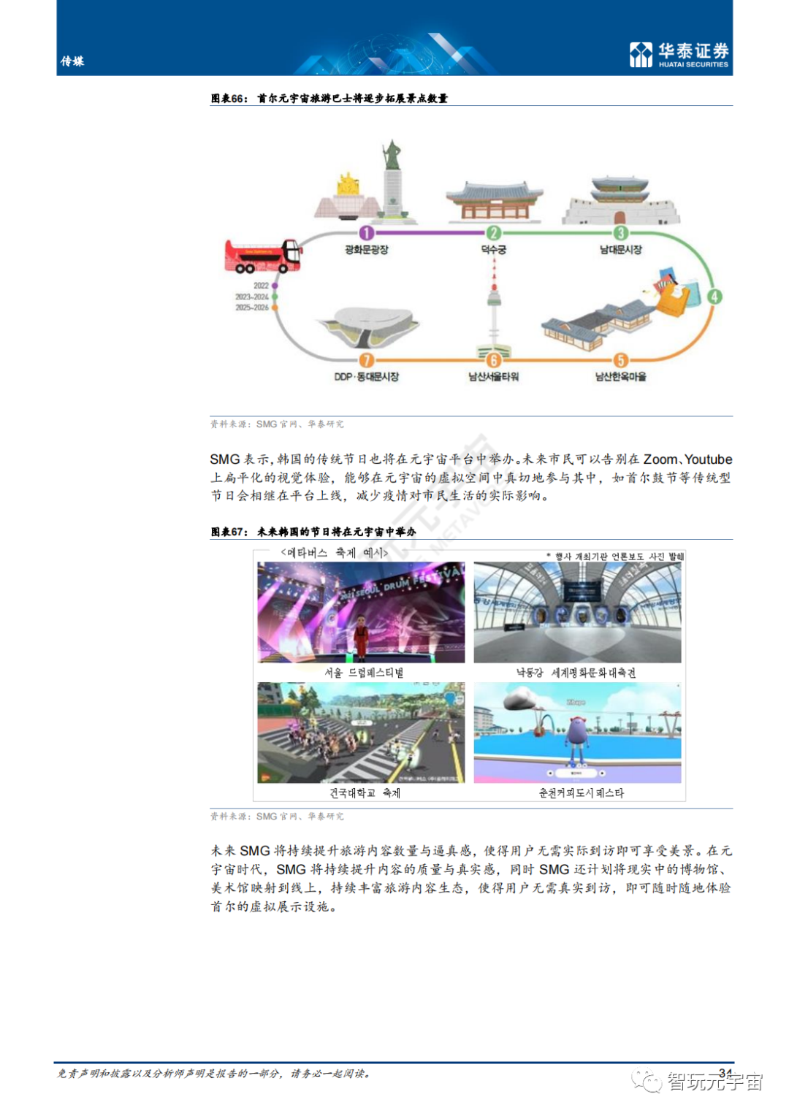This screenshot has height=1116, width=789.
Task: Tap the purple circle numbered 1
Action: tap(367, 233)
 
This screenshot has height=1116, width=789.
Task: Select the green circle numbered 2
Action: tap(494, 233)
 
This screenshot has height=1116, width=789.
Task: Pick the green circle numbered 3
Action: tap(620, 233)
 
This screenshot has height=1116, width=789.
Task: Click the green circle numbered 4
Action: tap(714, 297)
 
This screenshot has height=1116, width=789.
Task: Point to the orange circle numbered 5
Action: tap(620, 360)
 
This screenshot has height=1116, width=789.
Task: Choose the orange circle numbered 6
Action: tap(494, 360)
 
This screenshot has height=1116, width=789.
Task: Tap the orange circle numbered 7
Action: tap(367, 360)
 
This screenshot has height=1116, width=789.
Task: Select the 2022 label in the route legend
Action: tap(261, 286)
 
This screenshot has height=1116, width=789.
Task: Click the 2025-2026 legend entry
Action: tap(252, 307)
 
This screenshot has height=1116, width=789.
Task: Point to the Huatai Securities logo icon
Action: tap(641, 55)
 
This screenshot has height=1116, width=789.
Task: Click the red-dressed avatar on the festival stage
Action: tap(360, 634)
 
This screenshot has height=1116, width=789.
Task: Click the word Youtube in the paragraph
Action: tap(708, 459)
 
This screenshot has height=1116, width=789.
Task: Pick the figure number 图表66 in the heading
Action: tap(228, 99)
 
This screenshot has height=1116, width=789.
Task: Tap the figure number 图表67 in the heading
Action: tap(228, 532)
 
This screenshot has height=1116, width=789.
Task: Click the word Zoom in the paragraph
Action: tap(660, 459)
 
